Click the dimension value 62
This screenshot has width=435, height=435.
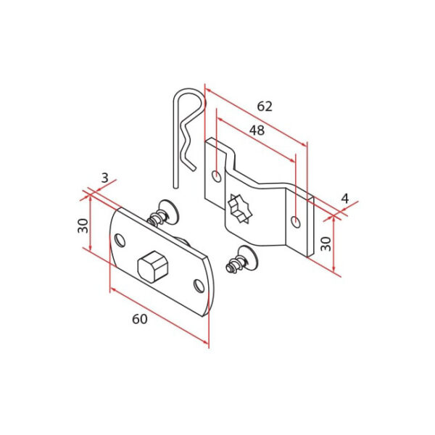pos(265,106)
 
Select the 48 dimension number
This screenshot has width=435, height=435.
pos(256,131)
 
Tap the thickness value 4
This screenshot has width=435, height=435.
pos(344,197)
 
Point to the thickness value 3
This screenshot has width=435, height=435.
pos(104,178)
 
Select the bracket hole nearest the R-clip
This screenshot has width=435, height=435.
pos(217,175)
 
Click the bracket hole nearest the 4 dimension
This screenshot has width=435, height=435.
pos(294,221)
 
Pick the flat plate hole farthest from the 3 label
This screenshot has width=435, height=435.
pos(198,286)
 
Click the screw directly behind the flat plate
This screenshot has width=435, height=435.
pos(165,215)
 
